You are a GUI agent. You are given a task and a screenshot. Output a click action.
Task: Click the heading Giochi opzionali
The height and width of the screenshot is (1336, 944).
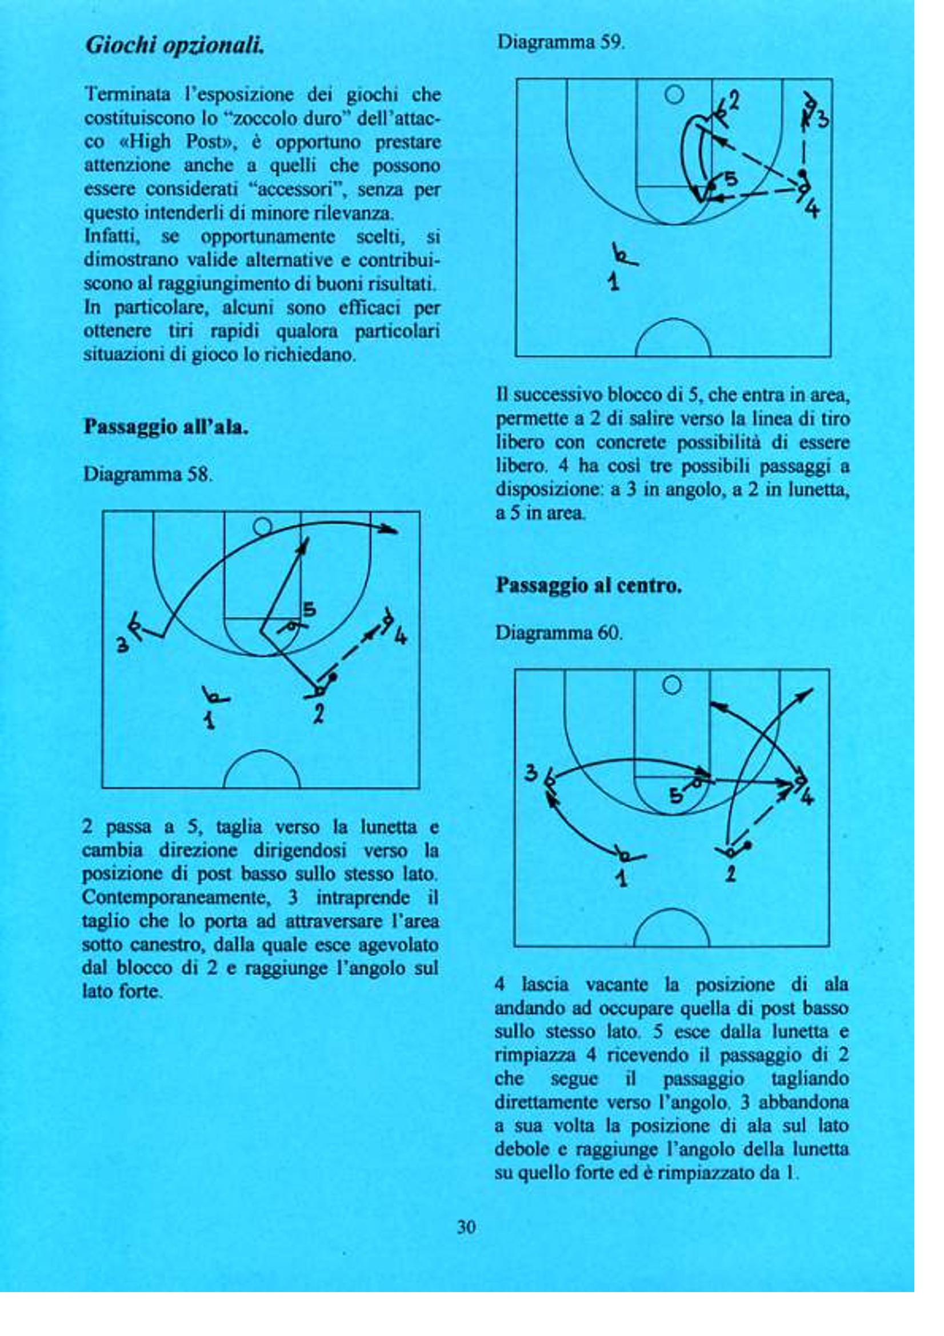coord(175,46)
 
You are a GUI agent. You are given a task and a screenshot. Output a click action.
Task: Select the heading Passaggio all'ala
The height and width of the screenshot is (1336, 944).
coord(166,427)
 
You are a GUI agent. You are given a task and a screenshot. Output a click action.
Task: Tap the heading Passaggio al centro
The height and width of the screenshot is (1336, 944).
coord(589,585)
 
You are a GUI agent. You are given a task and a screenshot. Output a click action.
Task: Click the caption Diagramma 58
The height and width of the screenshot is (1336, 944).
coord(148,474)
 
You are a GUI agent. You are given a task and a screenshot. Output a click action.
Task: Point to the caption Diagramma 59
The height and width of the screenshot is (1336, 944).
coord(561,42)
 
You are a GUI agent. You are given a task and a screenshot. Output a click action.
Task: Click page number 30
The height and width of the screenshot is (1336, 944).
coord(466,1227)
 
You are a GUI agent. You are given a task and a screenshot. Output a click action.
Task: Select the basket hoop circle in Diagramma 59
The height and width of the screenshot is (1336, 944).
coord(674,94)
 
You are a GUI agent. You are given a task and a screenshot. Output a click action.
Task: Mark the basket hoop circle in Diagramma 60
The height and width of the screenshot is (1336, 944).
coord(672,685)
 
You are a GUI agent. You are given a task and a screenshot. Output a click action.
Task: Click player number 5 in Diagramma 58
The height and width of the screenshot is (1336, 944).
coord(309,610)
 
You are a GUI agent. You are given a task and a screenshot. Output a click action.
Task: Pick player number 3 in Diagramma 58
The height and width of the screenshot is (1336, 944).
coord(122,645)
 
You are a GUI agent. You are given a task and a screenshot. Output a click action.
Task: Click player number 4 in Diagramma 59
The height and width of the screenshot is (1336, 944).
coord(813,208)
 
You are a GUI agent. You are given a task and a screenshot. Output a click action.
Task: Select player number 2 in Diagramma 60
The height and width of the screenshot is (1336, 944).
coord(731,874)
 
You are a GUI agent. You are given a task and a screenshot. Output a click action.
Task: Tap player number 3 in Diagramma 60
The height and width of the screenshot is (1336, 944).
coord(530,773)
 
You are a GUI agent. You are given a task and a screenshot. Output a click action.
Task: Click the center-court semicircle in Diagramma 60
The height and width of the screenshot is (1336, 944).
coord(671,927)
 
